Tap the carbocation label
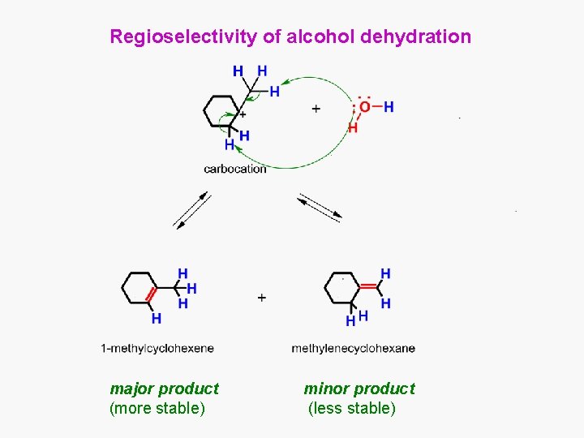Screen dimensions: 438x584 [x=234, y=169]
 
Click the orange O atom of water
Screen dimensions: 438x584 [x=364, y=106]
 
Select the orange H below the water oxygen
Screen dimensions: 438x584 [x=352, y=128]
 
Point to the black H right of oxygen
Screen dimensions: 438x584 [x=389, y=106]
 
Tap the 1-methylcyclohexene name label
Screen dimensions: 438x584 [x=157, y=349]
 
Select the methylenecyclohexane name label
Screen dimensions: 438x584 [x=353, y=349]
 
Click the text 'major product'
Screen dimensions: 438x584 [x=164, y=389]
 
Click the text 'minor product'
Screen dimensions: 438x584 [x=359, y=389]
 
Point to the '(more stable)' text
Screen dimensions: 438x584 [x=157, y=408]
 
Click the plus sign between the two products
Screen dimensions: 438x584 [x=261, y=298]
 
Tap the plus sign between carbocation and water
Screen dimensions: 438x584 [x=316, y=108]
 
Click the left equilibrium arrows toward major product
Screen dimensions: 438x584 [x=191, y=211]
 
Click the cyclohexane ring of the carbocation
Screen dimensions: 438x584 [x=220, y=111]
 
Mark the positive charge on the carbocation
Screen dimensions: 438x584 [x=243, y=114]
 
